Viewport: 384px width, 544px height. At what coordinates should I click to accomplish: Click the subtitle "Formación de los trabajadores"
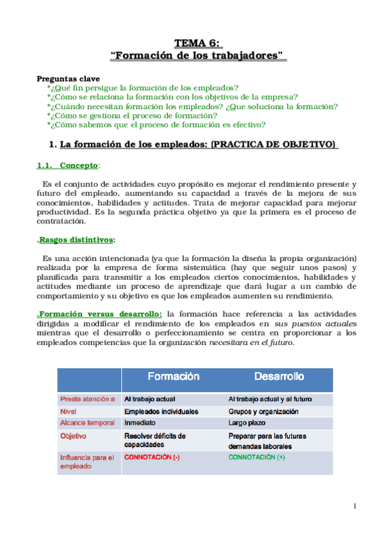click(198, 56)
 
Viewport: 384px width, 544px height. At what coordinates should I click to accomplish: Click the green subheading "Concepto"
click(78, 166)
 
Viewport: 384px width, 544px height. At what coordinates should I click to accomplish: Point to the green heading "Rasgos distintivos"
click(77, 240)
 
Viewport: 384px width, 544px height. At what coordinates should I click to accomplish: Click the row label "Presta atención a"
click(88, 399)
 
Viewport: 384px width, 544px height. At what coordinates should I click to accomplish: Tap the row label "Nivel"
click(68, 411)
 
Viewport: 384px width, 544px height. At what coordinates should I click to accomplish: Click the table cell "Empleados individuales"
click(161, 411)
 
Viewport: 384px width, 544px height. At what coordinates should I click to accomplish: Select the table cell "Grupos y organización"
click(263, 411)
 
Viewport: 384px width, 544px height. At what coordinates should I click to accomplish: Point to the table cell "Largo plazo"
click(247, 423)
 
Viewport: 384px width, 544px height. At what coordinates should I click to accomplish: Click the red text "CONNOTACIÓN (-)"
click(152, 457)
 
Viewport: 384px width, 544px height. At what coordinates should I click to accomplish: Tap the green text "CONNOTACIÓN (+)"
click(257, 457)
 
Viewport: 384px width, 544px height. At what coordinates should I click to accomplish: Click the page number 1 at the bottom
click(355, 507)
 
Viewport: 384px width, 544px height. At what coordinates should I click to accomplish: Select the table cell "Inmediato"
click(140, 423)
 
